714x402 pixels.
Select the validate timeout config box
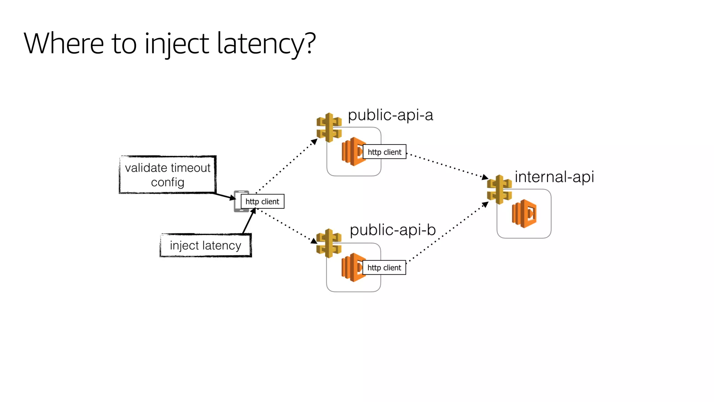168,174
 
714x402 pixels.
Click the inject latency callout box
205,245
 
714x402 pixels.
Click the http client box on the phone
263,201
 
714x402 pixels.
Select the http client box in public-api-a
385,152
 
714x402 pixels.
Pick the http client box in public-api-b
384,268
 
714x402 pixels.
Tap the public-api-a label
390,115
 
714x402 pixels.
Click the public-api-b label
393,230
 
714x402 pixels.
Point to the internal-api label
554,177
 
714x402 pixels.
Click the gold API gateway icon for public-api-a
329,127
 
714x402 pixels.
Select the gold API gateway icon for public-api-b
328,243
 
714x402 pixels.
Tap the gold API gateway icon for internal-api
499,189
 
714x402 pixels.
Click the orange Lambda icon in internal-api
524,214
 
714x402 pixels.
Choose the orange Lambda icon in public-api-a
352,151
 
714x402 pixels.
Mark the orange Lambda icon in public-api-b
352,267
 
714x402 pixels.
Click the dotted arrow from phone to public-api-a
286,166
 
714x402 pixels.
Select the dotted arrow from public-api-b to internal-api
448,232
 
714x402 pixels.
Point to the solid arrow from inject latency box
249,221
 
